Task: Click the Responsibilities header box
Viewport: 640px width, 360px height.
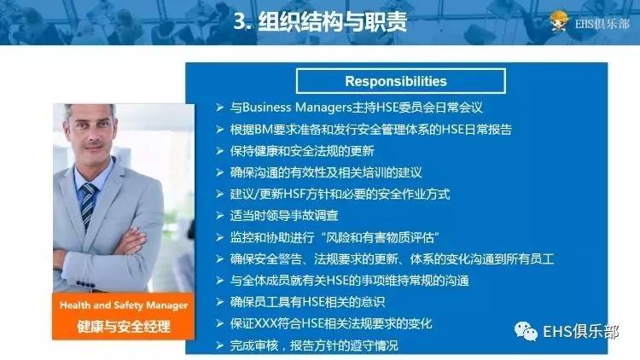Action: coord(395,81)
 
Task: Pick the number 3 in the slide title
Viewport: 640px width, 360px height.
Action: coord(239,21)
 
